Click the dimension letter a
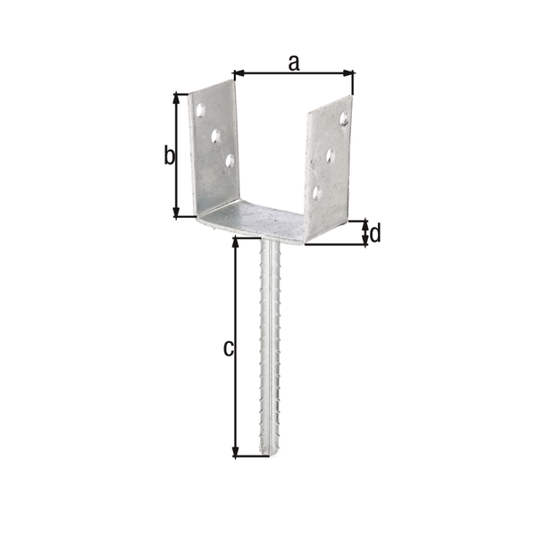point(294,63)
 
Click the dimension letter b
point(169,155)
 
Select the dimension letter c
point(228,348)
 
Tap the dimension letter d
point(375,233)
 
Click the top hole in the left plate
point(200,110)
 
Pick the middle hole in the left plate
point(215,136)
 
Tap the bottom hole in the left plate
point(230,160)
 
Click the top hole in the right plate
point(344,118)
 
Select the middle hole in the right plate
point(330,155)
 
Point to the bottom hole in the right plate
point(316,192)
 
